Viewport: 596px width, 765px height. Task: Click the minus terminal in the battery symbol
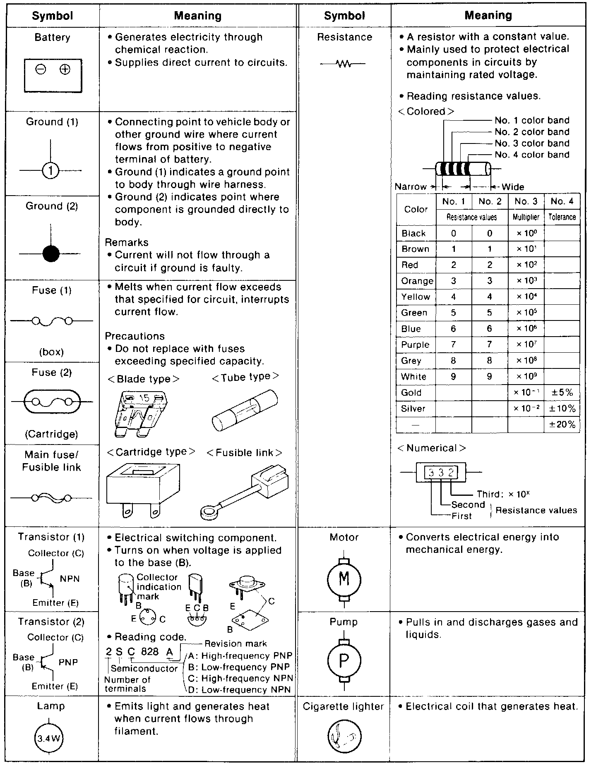(41, 69)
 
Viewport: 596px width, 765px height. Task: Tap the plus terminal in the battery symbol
(65, 69)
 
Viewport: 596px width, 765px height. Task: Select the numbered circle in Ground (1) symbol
(50, 170)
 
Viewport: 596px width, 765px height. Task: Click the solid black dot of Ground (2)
(51, 253)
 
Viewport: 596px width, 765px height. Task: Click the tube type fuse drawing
(245, 409)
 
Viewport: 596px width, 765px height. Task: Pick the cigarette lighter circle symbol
(344, 736)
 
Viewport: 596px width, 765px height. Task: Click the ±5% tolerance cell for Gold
(562, 392)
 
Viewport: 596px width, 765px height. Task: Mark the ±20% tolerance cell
(562, 424)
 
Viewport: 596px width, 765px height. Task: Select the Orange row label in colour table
(417, 281)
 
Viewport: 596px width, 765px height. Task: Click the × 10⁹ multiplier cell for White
(526, 377)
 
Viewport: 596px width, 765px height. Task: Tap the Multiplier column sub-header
(526, 217)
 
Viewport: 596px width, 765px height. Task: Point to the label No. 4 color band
(532, 155)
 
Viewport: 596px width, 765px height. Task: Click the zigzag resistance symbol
(343, 64)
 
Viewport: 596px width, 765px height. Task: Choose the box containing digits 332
(441, 472)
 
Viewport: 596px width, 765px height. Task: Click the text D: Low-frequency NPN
(240, 689)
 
